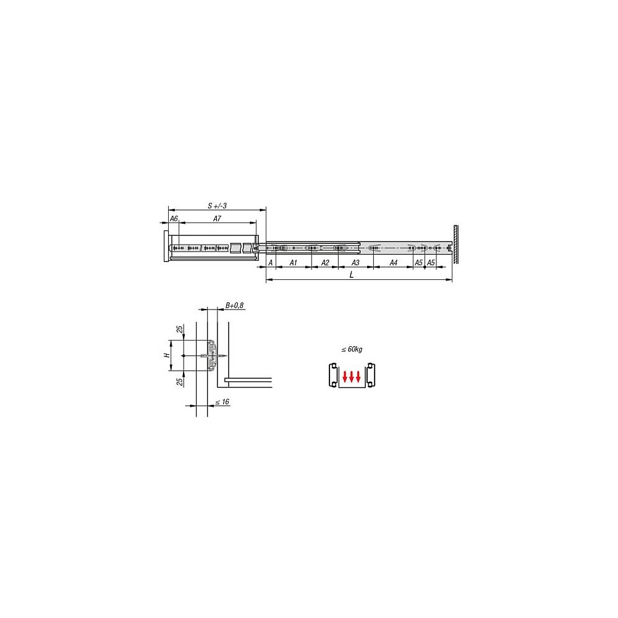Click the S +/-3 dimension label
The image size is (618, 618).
click(x=217, y=206)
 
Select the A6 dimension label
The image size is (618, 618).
click(x=174, y=219)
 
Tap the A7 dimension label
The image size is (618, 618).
click(x=217, y=219)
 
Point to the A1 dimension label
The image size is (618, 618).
click(x=293, y=263)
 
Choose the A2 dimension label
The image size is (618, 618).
click(x=325, y=263)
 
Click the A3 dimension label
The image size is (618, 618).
click(x=355, y=263)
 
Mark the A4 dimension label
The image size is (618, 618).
click(x=393, y=263)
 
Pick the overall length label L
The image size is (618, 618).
click(x=352, y=275)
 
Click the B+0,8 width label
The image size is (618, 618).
click(x=234, y=305)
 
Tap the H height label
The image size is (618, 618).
click(x=167, y=355)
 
